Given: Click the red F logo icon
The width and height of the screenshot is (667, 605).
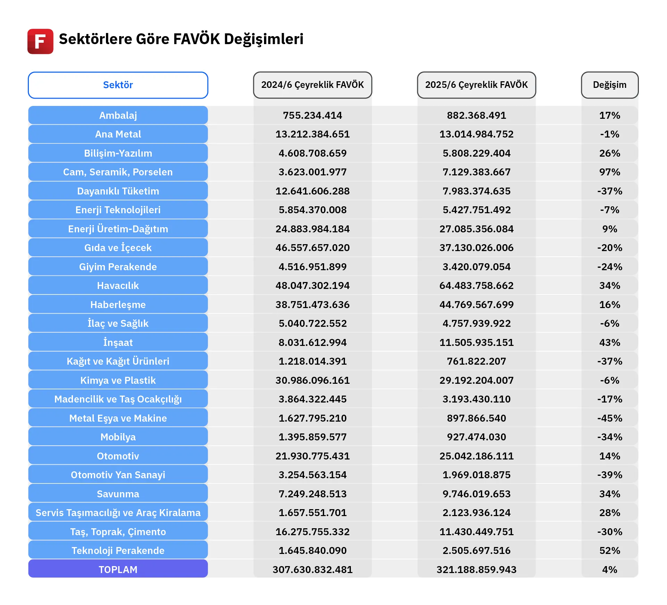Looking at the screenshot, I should click(x=40, y=41).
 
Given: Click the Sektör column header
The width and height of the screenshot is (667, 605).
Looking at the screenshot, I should click(x=118, y=85).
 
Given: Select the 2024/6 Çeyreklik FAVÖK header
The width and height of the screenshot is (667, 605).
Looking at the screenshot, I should click(x=312, y=85).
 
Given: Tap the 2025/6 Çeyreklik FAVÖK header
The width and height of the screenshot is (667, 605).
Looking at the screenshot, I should click(x=476, y=85).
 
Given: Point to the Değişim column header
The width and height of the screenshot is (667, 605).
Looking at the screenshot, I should click(x=609, y=85).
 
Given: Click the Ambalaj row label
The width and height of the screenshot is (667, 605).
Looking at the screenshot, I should click(x=118, y=115).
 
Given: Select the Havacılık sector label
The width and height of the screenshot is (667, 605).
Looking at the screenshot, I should click(x=118, y=285).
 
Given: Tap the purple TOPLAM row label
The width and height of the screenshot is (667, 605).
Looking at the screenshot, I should click(x=118, y=570).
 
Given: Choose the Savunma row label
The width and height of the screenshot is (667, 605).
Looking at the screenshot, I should click(x=118, y=494).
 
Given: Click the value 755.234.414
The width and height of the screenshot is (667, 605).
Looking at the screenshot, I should click(x=312, y=115).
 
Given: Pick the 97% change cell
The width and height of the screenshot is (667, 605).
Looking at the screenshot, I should click(x=609, y=172).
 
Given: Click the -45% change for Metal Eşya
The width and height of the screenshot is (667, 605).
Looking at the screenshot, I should click(x=609, y=418).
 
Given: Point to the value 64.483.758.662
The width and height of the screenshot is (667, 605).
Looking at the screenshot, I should click(x=476, y=285).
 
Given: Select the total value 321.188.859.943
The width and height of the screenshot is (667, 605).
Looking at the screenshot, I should click(x=476, y=570).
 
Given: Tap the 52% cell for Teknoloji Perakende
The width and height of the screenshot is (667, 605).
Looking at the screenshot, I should click(x=609, y=550).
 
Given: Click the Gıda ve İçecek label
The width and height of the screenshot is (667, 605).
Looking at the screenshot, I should click(x=118, y=248).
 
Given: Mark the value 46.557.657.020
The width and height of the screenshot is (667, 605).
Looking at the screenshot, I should click(x=312, y=248).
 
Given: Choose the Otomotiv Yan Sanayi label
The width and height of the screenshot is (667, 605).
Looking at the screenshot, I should click(x=118, y=475).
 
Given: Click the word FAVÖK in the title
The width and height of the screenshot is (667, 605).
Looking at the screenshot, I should click(x=196, y=39).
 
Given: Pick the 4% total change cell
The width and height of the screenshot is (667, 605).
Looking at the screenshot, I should click(x=609, y=570).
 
